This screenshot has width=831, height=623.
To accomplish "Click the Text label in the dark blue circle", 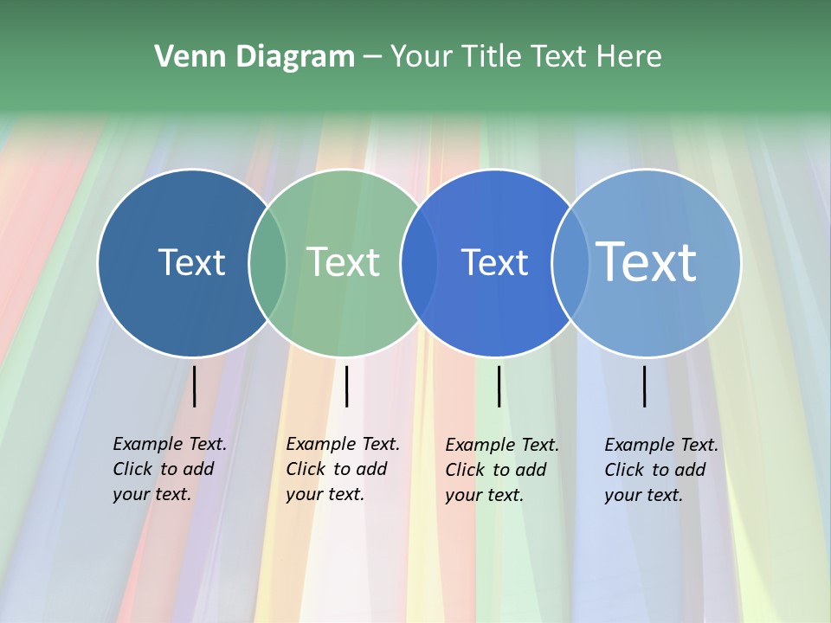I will pos(191,262).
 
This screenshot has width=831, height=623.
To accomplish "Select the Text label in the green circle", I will pos(344,262).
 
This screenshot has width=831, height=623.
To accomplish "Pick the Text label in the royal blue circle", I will pos(494,262).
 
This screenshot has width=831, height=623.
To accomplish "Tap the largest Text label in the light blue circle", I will pos(647,262).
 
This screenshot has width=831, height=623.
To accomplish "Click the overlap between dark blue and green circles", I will pos(267,262).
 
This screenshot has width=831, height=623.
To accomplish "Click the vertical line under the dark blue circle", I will pos(194,386).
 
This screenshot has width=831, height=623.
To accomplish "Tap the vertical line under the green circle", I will pos(346,386).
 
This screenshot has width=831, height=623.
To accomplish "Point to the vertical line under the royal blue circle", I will pos(499,386).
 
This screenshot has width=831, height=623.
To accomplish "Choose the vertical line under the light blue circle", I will pos(644,386).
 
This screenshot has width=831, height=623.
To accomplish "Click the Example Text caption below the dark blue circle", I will pos(170,469).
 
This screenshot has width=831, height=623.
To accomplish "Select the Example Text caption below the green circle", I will pos(343,469).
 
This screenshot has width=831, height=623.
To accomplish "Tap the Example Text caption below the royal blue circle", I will pos(502,470).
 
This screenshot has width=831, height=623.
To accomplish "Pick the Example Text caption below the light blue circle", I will pos(661,470).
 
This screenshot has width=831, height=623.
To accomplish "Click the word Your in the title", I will pos(421,57).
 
